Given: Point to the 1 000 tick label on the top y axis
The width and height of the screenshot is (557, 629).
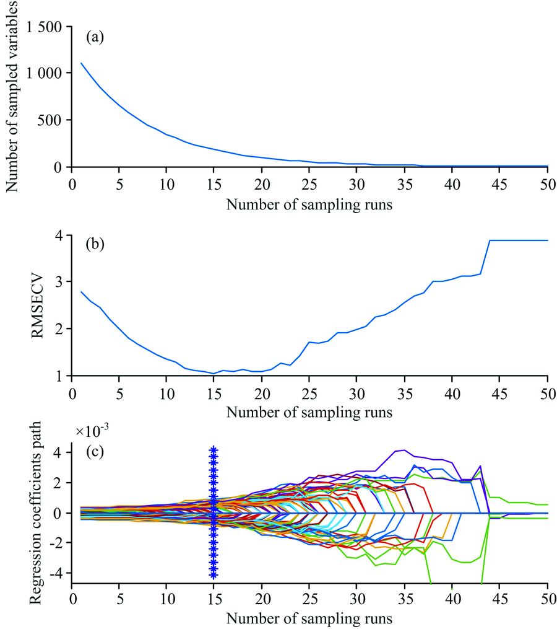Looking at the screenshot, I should pos(44,73).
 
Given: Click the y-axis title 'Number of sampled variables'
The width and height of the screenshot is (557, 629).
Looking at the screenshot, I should pos(12,96).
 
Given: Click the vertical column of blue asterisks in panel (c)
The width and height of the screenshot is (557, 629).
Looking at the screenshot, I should pos(214,512).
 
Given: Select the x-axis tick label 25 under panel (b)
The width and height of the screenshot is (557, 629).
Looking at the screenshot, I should pos(309,392).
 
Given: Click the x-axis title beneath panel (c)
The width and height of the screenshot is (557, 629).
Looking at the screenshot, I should pos(309,618).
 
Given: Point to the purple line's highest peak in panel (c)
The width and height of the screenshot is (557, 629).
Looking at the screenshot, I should pos(404,450).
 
